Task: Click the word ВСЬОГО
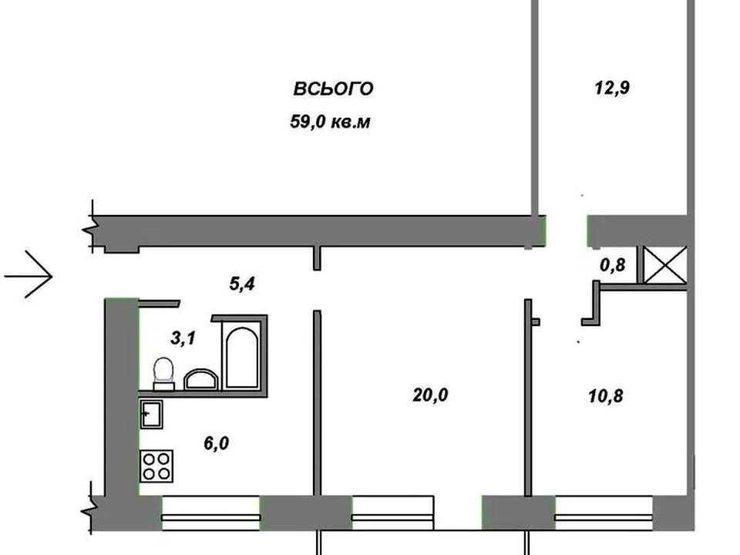[x=333, y=89]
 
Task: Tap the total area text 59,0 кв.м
[x=330, y=122]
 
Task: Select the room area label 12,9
[x=612, y=88]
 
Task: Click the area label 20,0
[x=430, y=395]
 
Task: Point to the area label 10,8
[x=606, y=395]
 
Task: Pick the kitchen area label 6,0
[x=216, y=443]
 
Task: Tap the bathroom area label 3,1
[x=183, y=338]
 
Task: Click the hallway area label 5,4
[x=242, y=284]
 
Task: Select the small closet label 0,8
[x=613, y=265]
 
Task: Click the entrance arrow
[x=29, y=274]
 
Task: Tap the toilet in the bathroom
[x=163, y=374]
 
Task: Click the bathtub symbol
[x=241, y=357]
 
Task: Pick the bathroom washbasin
[x=200, y=379]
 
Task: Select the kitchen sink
[x=152, y=415]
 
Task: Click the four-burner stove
[x=156, y=466]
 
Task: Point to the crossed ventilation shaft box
[x=665, y=265]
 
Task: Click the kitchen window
[x=210, y=513]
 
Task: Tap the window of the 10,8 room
[x=604, y=513]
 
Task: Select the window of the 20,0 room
[x=392, y=513]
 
